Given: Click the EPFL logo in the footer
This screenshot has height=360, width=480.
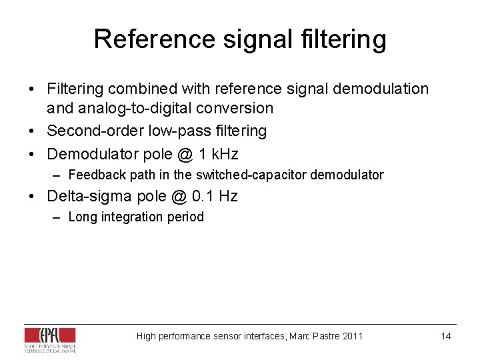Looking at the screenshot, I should (x=50, y=339).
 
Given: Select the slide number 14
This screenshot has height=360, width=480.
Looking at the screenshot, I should (x=446, y=336).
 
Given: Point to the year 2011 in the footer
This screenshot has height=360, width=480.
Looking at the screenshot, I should (x=352, y=336).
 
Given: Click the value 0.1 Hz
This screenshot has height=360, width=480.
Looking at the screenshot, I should (x=215, y=196).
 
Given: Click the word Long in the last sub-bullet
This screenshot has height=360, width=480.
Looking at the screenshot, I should (x=83, y=217).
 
